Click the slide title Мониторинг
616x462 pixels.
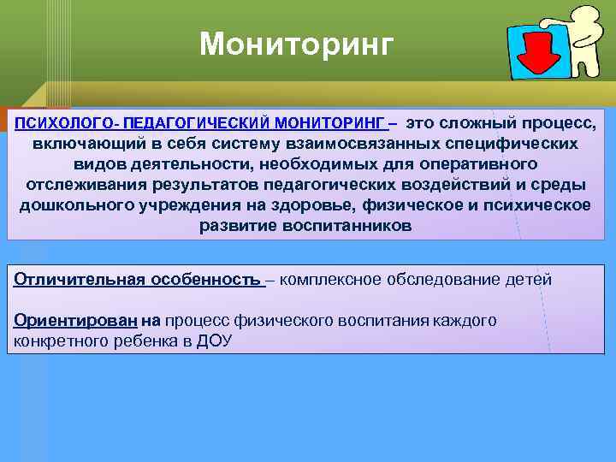point(296,44)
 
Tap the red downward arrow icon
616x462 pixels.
point(536,54)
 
